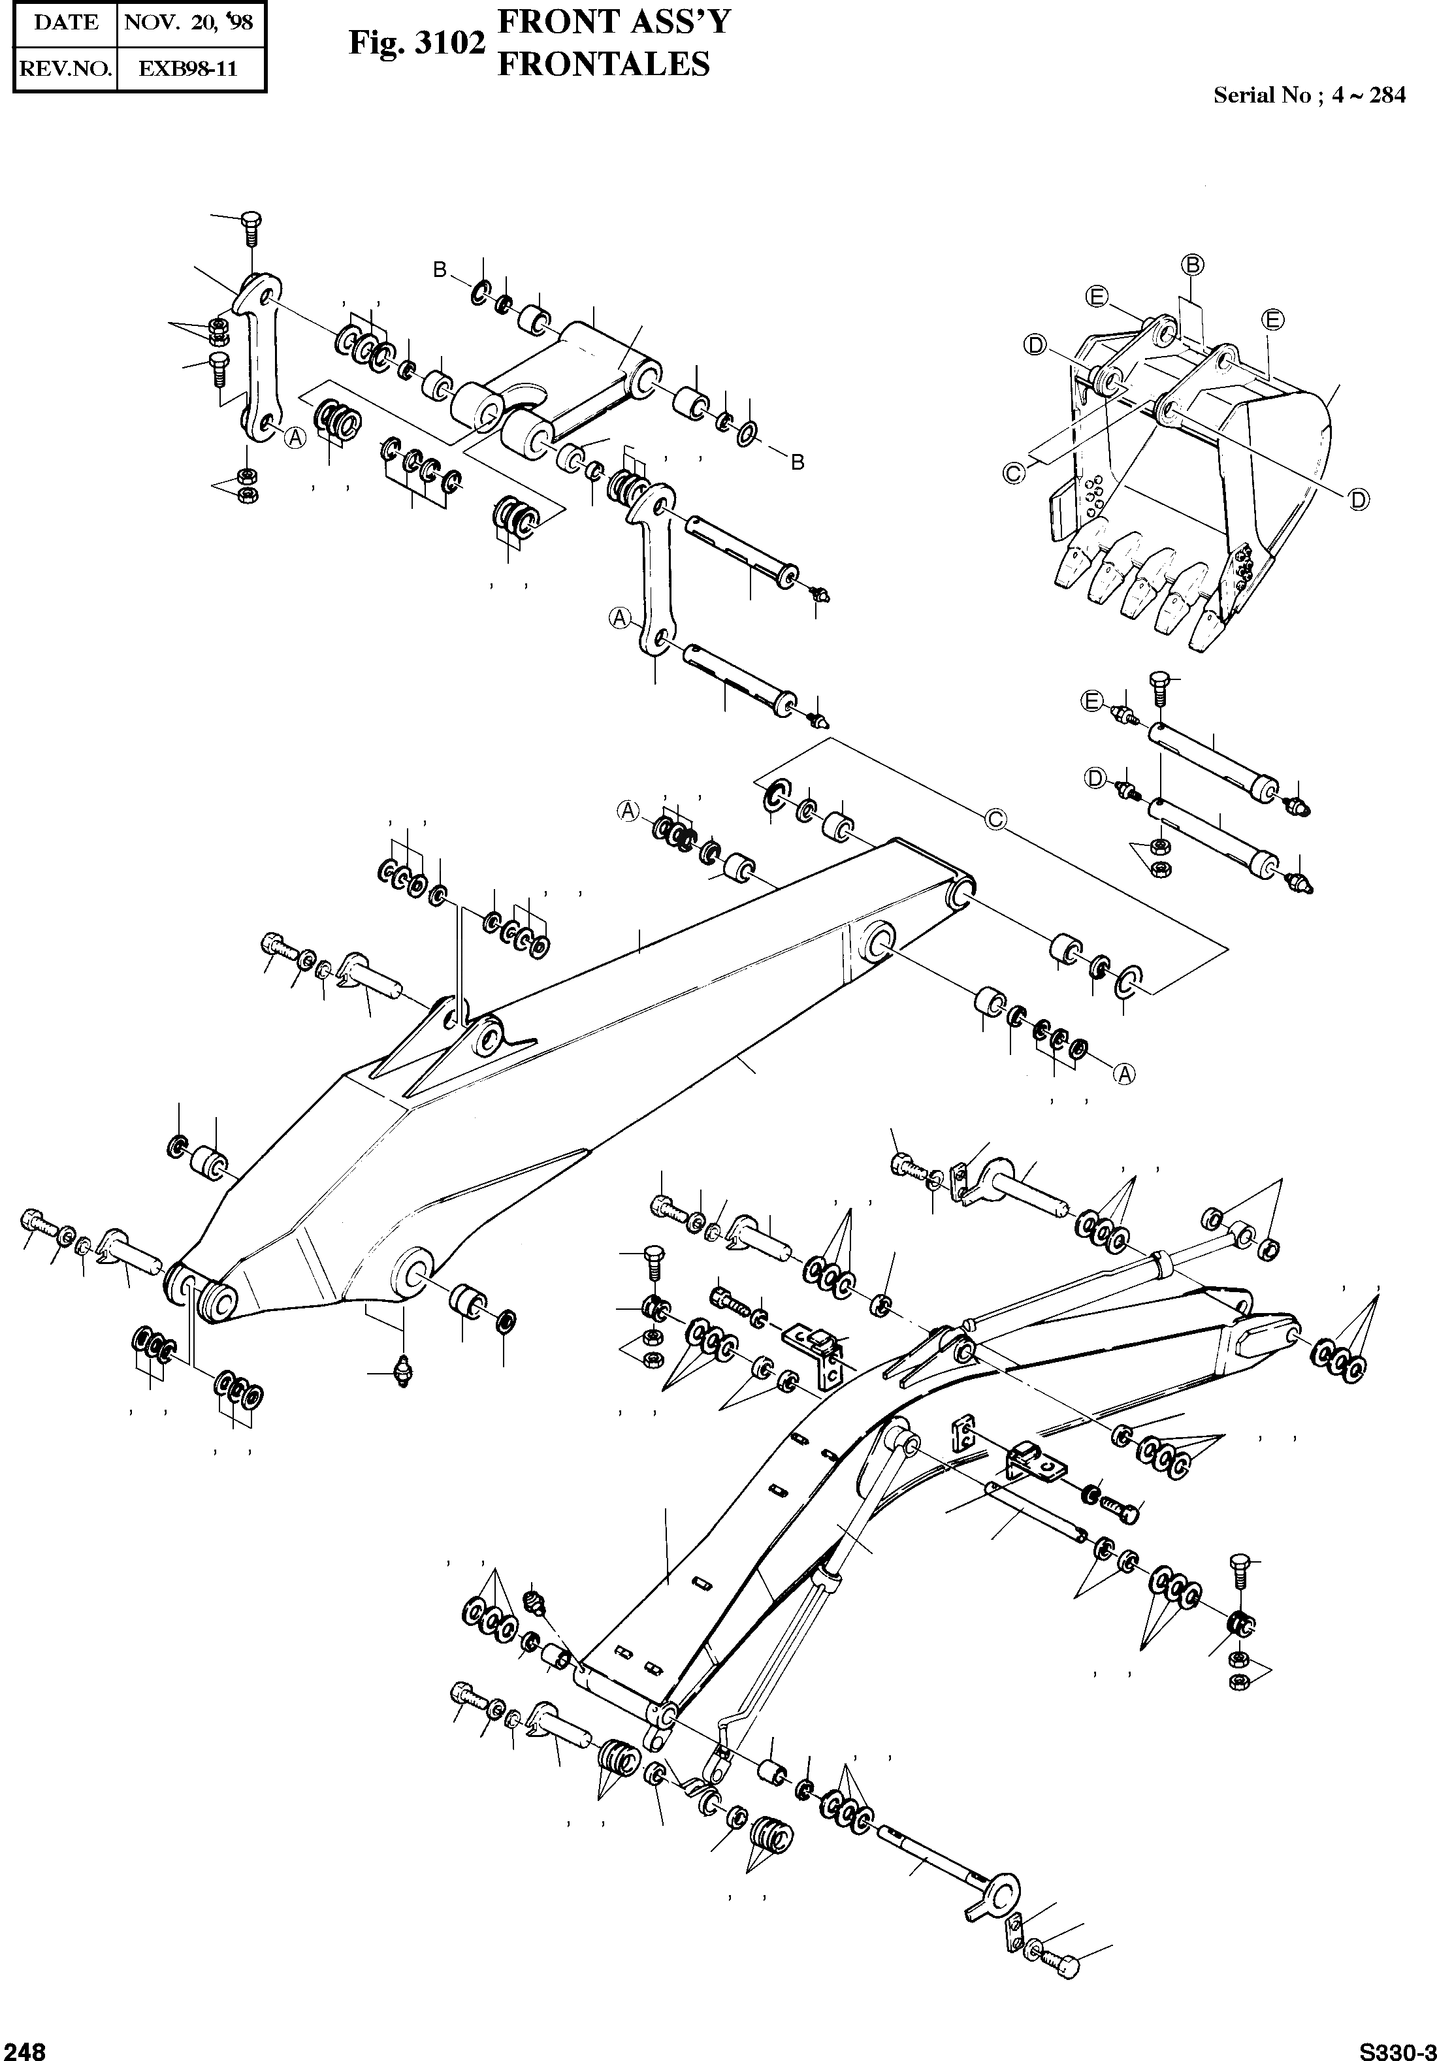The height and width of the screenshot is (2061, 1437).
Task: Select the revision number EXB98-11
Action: (189, 68)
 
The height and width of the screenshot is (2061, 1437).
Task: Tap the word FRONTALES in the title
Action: (603, 65)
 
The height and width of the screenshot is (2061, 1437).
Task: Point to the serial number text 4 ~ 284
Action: (1369, 95)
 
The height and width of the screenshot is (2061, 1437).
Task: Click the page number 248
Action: (22, 2049)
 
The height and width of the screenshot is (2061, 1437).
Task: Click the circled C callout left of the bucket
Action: (1012, 473)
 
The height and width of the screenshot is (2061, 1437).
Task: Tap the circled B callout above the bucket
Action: (1193, 264)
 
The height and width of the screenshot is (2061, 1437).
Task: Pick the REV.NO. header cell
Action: (65, 68)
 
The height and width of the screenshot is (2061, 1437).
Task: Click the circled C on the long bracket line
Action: (995, 819)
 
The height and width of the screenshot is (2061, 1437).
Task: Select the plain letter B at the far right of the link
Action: (796, 463)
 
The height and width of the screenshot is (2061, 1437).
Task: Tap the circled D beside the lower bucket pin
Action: (1094, 777)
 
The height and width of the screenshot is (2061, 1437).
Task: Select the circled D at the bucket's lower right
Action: (1359, 500)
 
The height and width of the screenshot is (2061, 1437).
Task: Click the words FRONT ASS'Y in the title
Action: (614, 22)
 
